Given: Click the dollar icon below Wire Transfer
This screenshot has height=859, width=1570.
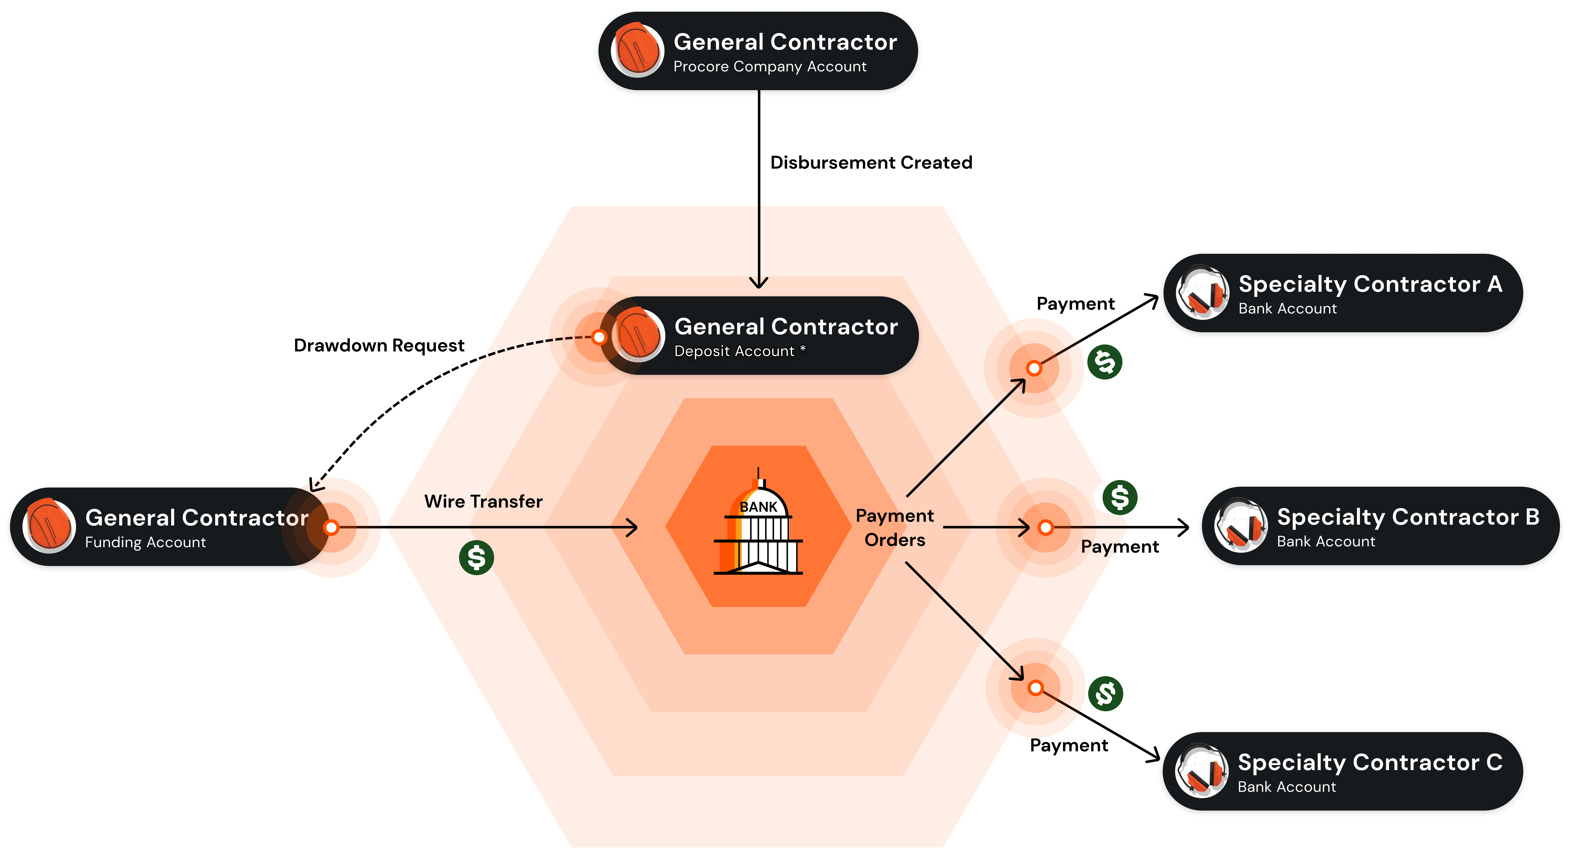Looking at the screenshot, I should click(476, 557).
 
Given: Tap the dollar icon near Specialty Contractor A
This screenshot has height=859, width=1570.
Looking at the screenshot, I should click(1104, 362).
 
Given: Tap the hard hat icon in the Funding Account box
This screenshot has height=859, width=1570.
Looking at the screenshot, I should click(49, 526).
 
